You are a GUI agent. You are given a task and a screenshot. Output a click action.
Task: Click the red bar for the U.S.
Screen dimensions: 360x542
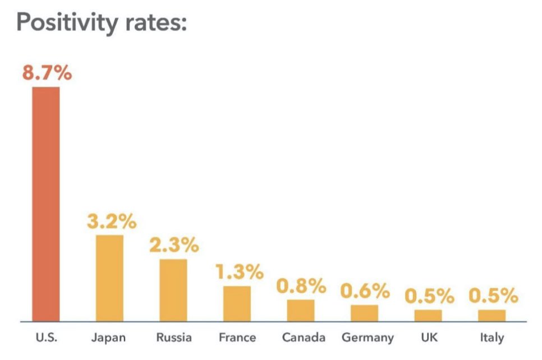pos(45,204)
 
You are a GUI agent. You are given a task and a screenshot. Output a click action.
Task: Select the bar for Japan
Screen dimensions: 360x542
pos(109,278)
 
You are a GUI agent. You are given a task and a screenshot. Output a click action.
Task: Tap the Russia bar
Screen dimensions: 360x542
pos(173,290)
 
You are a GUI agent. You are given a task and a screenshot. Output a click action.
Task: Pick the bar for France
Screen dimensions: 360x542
pos(237,303)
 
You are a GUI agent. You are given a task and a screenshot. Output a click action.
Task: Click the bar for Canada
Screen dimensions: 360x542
pos(301,310)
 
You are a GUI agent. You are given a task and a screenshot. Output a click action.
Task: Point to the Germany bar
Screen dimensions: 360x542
pos(365,313)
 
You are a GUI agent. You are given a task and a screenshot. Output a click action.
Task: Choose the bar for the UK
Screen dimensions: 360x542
pos(428,315)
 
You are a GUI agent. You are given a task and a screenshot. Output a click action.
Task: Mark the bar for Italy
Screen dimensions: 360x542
pos(492,315)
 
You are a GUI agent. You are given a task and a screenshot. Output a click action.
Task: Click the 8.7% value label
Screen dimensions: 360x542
pos(47,73)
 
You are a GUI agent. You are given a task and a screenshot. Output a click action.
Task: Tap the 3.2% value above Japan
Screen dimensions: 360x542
pos(112,221)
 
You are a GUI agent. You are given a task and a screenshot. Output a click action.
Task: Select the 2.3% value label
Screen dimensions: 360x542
pos(174,245)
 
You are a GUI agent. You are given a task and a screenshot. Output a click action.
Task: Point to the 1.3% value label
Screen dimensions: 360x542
pos(239,272)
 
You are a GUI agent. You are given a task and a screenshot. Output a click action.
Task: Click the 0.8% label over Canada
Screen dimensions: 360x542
pos(301,286)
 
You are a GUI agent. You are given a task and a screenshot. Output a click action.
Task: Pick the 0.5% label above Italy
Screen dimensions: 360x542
pos(493,296)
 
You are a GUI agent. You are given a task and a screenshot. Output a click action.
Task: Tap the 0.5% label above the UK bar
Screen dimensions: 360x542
pos(429,296)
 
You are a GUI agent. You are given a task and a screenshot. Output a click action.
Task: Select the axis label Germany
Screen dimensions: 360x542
pos(368,338)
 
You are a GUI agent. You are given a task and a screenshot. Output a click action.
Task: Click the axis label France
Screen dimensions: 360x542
pos(237,338)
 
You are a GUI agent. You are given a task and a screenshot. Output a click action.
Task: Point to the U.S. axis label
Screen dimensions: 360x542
pos(46,338)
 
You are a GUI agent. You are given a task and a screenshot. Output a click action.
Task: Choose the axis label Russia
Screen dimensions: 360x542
pos(174,338)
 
